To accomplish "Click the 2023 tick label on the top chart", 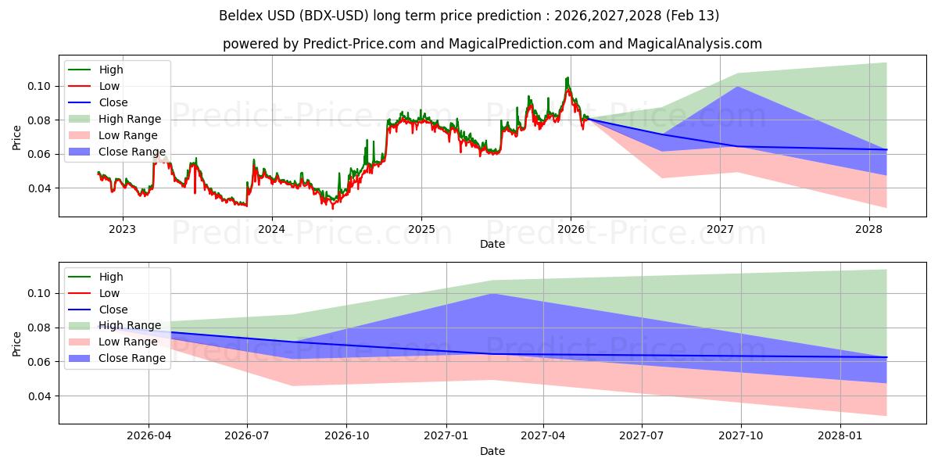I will [x=122, y=229].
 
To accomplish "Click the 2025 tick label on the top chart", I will [x=421, y=229].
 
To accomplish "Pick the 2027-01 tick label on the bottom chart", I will [x=446, y=436].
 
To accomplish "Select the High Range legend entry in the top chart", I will [x=130, y=119].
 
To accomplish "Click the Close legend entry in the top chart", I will [x=113, y=102].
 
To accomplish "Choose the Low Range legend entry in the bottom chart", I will [x=128, y=342].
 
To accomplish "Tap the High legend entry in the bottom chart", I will [x=111, y=277].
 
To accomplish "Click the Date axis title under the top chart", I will [x=492, y=244].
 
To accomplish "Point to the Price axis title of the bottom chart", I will [x=16, y=344].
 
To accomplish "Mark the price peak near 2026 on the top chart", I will [x=567, y=77].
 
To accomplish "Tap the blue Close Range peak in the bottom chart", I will [x=492, y=294].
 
